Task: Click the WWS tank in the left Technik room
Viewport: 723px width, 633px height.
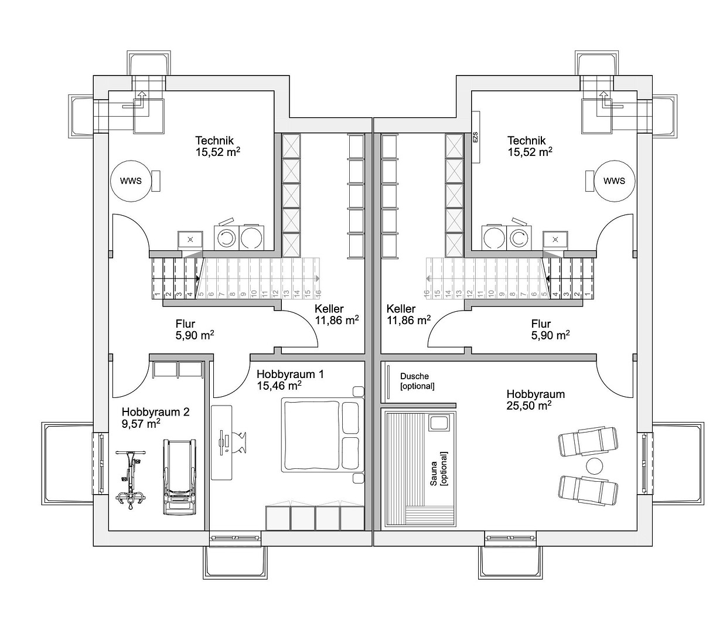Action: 131,181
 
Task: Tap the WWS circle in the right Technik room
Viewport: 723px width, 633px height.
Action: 614,181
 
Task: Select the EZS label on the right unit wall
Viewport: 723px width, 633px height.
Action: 475,137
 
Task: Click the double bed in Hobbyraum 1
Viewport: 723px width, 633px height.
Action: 323,435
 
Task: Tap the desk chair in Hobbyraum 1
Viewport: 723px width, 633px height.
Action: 240,442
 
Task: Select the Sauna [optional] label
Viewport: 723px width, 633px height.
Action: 438,468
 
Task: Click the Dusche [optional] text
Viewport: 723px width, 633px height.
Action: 417,382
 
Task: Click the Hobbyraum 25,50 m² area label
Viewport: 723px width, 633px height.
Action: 536,400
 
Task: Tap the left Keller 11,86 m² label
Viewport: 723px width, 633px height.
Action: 337,314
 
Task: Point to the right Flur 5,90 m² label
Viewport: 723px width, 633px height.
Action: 550,329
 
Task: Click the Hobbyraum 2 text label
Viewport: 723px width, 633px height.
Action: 155,412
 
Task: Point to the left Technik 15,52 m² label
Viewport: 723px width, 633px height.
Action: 218,146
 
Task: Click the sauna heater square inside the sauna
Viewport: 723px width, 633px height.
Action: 438,423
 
